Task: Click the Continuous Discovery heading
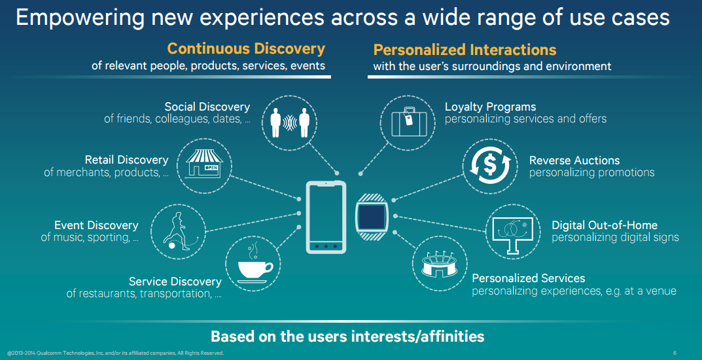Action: point(246,49)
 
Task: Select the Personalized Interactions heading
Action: point(465,50)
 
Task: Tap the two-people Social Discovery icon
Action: point(289,122)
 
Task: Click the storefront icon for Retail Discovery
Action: point(204,164)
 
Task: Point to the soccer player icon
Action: point(178,231)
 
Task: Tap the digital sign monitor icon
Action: point(513,232)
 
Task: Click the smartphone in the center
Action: point(326,217)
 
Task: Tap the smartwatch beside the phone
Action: point(371,217)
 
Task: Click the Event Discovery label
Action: point(96,225)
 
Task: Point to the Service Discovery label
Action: point(175,281)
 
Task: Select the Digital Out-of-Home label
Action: point(605,225)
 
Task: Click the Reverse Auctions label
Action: point(574,160)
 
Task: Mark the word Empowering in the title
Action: point(80,18)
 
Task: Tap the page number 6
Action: point(675,353)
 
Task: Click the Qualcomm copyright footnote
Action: point(115,353)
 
